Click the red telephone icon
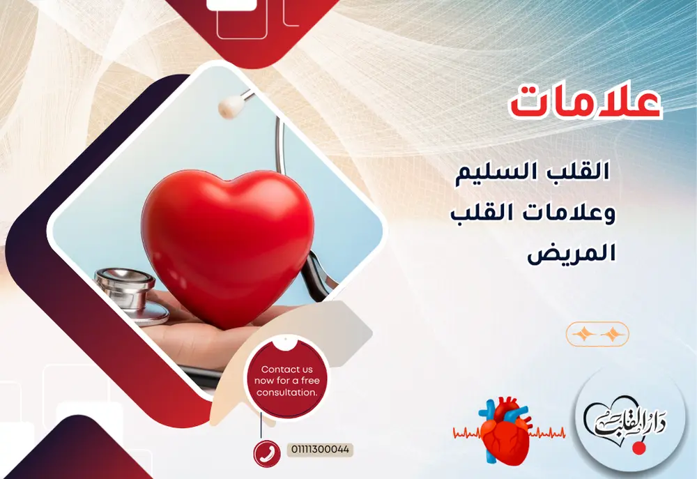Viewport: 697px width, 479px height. [x=266, y=453]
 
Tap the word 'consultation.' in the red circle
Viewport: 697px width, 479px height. [x=286, y=393]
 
